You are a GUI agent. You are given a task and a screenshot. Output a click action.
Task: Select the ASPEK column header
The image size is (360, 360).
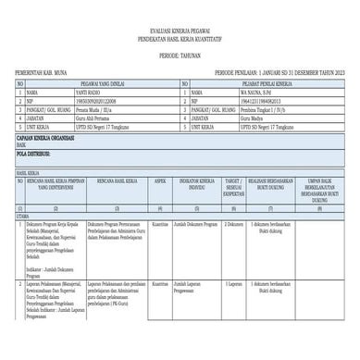pyautogui.click(x=159, y=184)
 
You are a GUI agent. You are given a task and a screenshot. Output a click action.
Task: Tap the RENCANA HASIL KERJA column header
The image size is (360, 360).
pyautogui.click(x=114, y=184)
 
